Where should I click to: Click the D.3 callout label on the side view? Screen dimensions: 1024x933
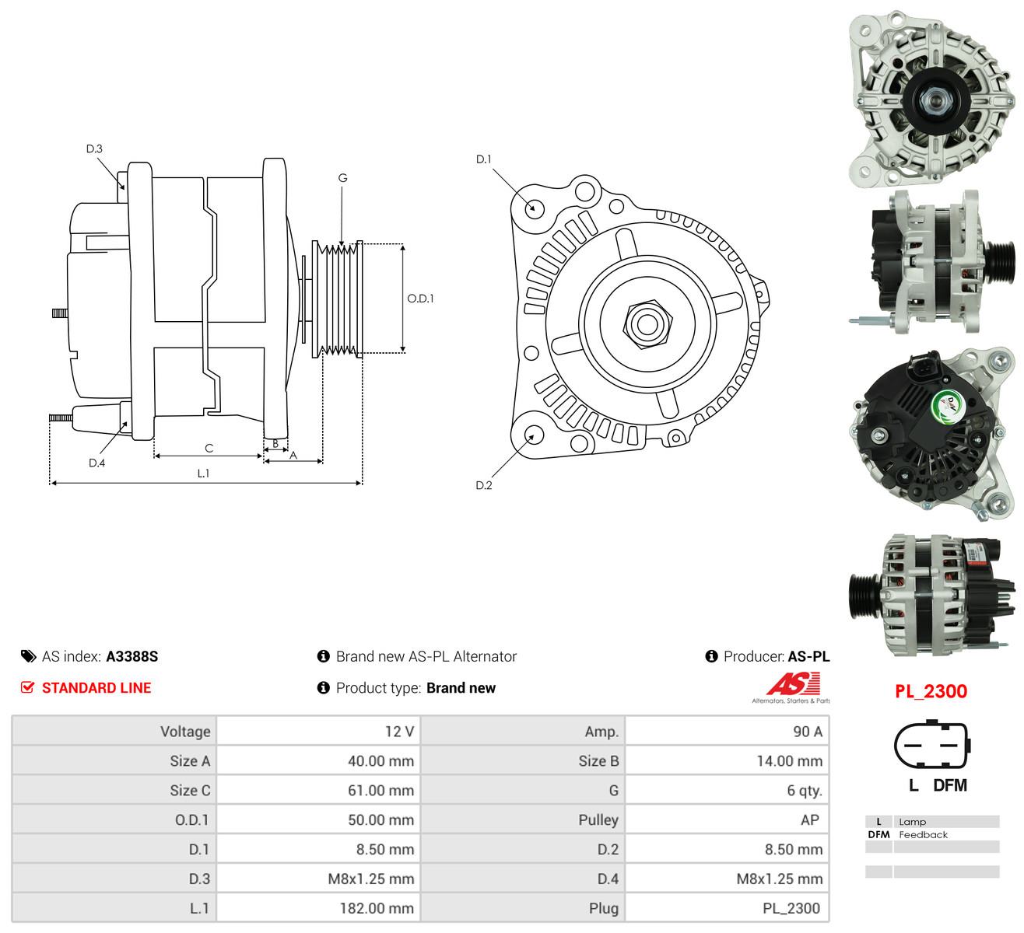pyautogui.click(x=94, y=149)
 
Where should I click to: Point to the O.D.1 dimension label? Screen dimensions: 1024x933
pyautogui.click(x=420, y=299)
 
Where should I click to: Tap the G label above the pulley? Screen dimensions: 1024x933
pyautogui.click(x=342, y=177)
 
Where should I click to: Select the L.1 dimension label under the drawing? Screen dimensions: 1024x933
pyautogui.click(x=203, y=473)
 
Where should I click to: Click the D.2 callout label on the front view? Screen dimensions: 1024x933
pyautogui.click(x=483, y=485)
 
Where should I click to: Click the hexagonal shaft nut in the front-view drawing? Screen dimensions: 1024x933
pyautogui.click(x=647, y=324)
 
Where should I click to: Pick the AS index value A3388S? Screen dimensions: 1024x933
pyautogui.click(x=132, y=656)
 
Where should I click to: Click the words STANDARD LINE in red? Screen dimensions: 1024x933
pyautogui.click(x=96, y=687)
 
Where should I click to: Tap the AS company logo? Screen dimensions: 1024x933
pyautogui.click(x=792, y=687)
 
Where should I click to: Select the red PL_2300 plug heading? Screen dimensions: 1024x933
pyautogui.click(x=931, y=691)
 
